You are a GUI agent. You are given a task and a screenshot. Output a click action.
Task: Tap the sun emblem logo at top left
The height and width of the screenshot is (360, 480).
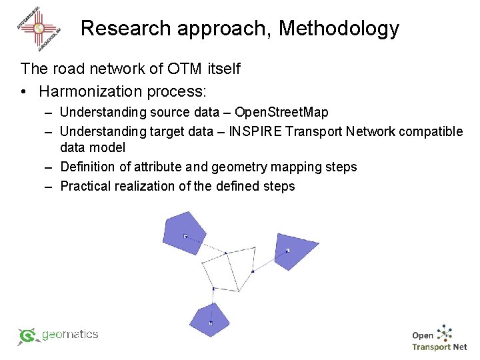coord(39,29)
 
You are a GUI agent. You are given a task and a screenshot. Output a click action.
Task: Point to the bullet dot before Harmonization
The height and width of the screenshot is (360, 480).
coord(25,91)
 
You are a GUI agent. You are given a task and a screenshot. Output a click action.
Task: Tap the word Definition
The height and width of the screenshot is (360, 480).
coord(89,167)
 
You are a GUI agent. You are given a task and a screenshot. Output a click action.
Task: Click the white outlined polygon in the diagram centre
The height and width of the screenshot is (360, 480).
coord(227,270)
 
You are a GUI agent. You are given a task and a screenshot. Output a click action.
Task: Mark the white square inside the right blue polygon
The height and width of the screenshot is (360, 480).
coord(287,251)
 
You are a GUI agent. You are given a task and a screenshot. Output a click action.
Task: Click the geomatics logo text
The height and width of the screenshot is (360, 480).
coord(69,335)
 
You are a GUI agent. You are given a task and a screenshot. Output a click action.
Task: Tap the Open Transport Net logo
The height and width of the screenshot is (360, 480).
coord(439,339)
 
